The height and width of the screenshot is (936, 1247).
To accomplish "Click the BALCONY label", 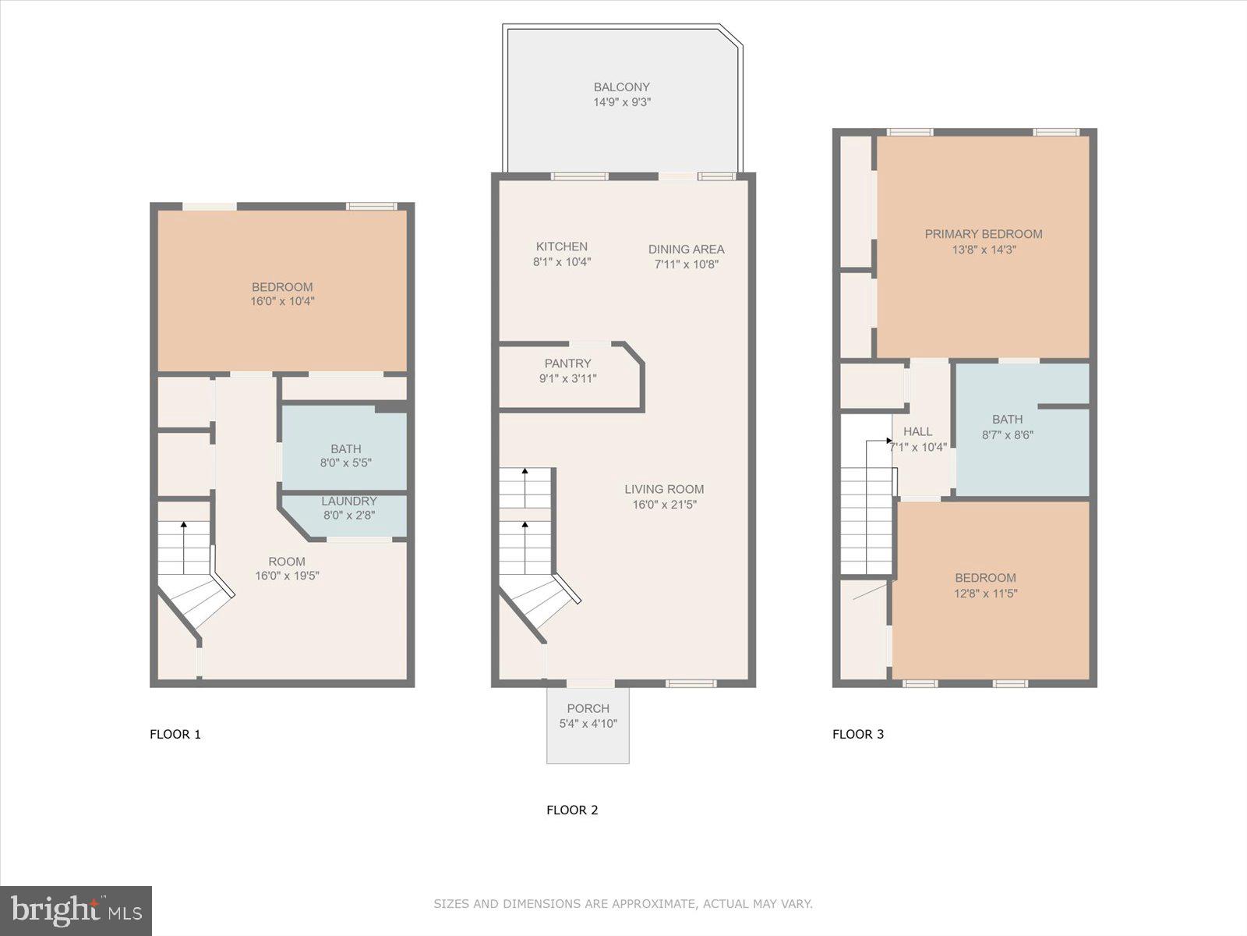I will pyautogui.click(x=621, y=87).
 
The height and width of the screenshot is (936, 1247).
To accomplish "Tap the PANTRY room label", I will pyautogui.click(x=567, y=363).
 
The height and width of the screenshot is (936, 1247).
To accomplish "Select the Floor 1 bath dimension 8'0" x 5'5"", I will pyautogui.click(x=345, y=463).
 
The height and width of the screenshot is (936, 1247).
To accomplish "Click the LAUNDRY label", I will pyautogui.click(x=349, y=502).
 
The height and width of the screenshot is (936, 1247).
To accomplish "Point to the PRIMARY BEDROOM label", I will pyautogui.click(x=983, y=234).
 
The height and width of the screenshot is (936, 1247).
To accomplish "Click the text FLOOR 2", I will pyautogui.click(x=572, y=810).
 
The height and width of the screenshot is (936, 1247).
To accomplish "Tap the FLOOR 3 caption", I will pyautogui.click(x=857, y=734).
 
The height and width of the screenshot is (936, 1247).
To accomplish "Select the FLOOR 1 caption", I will pyautogui.click(x=175, y=734).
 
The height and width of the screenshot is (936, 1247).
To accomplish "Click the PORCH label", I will pyautogui.click(x=588, y=708).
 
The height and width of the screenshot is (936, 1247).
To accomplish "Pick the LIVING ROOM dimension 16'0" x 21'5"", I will pyautogui.click(x=664, y=505).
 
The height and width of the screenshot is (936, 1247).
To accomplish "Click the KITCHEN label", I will pyautogui.click(x=561, y=246).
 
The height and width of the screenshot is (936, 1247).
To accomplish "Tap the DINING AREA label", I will pyautogui.click(x=686, y=250).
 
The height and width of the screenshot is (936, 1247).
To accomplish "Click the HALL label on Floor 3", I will pyautogui.click(x=917, y=431).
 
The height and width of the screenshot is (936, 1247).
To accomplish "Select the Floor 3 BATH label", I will pyautogui.click(x=1007, y=420).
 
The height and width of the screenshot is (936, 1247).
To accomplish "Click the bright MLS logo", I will pyautogui.click(x=76, y=910).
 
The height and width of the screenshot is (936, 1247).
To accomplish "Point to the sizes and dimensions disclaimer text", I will pyautogui.click(x=623, y=904).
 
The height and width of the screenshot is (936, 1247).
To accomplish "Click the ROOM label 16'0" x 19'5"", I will pyautogui.click(x=287, y=562).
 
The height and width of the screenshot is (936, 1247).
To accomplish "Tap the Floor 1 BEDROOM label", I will pyautogui.click(x=282, y=287).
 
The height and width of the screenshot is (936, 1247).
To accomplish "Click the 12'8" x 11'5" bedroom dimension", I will pyautogui.click(x=985, y=594).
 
